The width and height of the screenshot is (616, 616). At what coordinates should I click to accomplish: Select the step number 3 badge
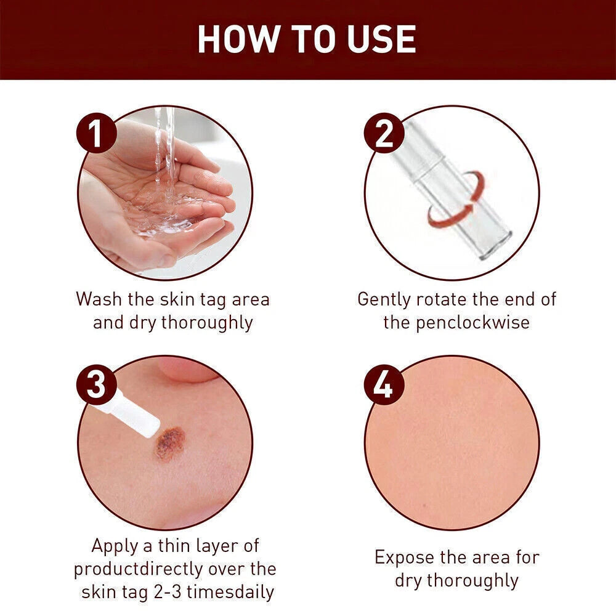[96, 386]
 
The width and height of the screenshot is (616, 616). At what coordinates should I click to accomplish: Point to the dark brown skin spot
[170, 443]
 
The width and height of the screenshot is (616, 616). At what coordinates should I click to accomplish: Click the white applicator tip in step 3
[132, 416]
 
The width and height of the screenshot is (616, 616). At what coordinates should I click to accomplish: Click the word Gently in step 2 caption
[385, 299]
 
